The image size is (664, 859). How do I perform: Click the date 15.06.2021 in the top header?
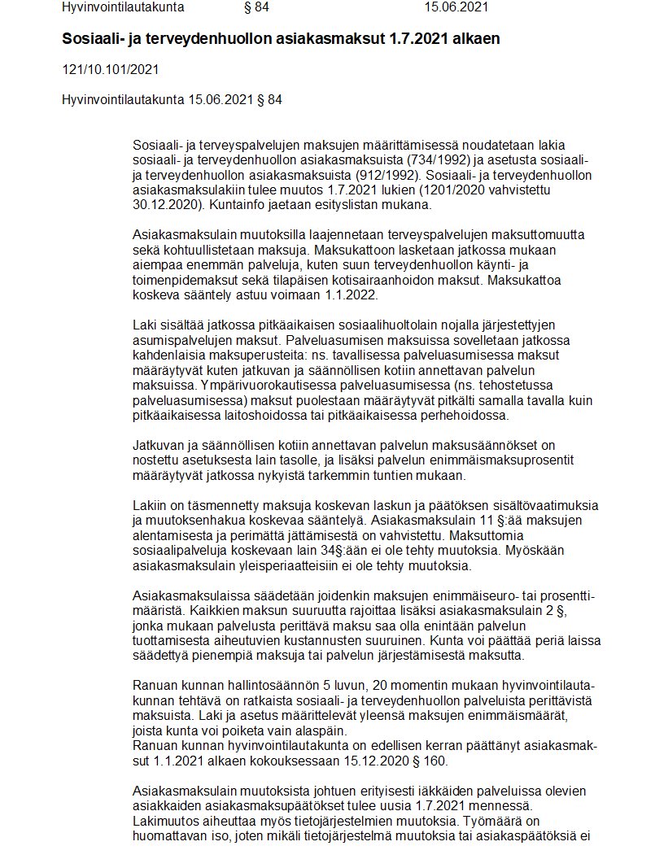pyautogui.click(x=456, y=7)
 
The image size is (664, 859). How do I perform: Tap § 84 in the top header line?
pyautogui.click(x=256, y=7)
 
